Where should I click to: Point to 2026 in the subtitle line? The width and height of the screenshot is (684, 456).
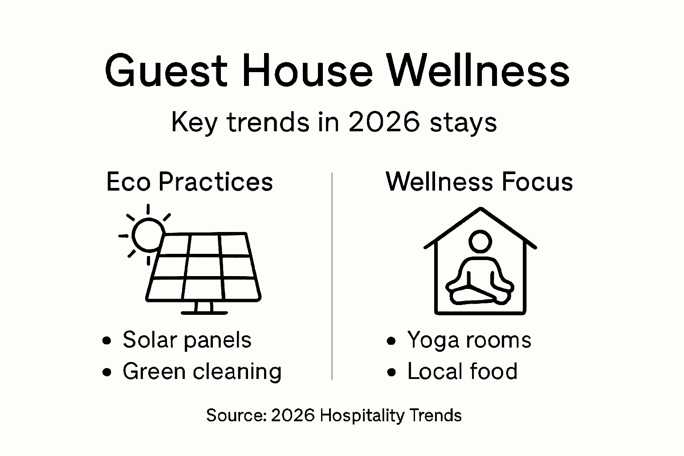384,122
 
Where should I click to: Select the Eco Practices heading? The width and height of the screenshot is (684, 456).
189,182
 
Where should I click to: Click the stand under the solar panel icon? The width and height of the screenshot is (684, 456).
204,308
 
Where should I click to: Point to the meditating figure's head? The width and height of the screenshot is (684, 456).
480,241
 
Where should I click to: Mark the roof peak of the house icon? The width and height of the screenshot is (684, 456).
480,209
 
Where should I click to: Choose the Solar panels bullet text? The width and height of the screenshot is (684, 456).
187,340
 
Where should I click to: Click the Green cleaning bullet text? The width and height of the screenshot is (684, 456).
202,371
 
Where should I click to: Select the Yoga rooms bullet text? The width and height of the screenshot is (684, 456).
469,340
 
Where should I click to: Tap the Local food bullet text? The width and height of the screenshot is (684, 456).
462,371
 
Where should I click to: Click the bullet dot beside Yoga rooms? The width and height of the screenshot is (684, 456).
391,341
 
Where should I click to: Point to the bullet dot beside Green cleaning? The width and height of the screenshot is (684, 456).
106,372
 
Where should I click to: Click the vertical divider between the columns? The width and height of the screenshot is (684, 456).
332,276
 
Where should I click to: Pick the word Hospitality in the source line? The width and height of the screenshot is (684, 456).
362,415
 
